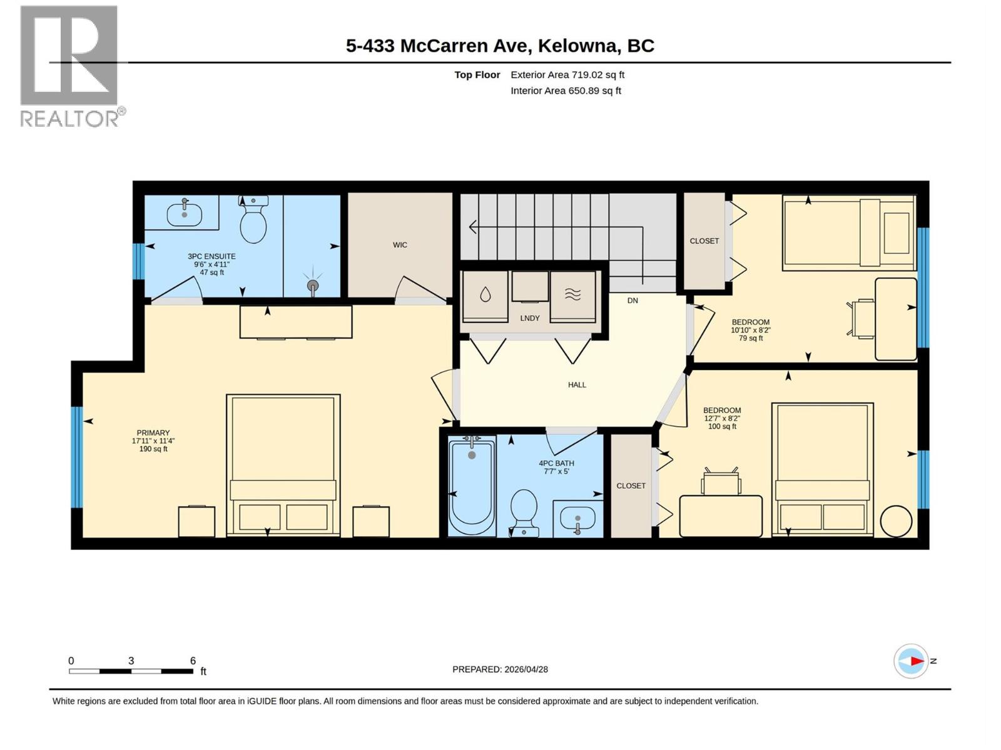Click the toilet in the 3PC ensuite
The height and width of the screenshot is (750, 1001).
click(253, 222)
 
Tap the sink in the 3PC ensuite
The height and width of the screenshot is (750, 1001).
click(184, 214)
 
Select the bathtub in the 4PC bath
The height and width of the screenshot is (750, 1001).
click(472, 488)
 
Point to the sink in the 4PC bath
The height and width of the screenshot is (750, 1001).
click(577, 519)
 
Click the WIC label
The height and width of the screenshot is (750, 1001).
click(400, 245)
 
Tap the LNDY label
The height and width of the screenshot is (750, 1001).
click(529, 318)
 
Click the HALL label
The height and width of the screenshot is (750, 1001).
click(577, 385)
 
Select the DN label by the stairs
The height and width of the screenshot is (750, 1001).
click(633, 301)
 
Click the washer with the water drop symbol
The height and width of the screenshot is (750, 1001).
click(485, 296)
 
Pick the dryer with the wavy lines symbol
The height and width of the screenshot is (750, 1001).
click(572, 296)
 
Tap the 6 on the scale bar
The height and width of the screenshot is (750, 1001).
click(193, 661)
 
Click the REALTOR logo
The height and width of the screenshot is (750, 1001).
click(69, 66)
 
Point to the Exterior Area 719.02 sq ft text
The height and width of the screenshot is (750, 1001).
click(567, 75)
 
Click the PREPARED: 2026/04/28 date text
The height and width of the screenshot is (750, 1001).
click(500, 669)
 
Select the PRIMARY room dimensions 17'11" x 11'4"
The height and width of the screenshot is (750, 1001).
click(153, 441)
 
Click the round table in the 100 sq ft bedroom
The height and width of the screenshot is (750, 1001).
click(896, 521)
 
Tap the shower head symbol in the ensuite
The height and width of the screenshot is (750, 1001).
click(313, 285)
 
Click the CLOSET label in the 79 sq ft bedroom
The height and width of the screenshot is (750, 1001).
click(704, 241)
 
